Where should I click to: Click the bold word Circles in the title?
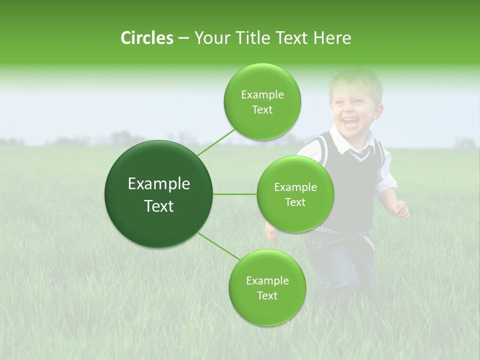(146, 38)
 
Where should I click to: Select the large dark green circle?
(159, 194)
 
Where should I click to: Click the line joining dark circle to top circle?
(216, 142)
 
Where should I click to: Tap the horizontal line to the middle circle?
(235, 194)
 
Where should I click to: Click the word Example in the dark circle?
(159, 184)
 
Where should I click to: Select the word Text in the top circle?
(262, 110)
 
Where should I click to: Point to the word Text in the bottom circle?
(267, 295)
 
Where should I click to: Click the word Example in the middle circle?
(295, 187)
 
